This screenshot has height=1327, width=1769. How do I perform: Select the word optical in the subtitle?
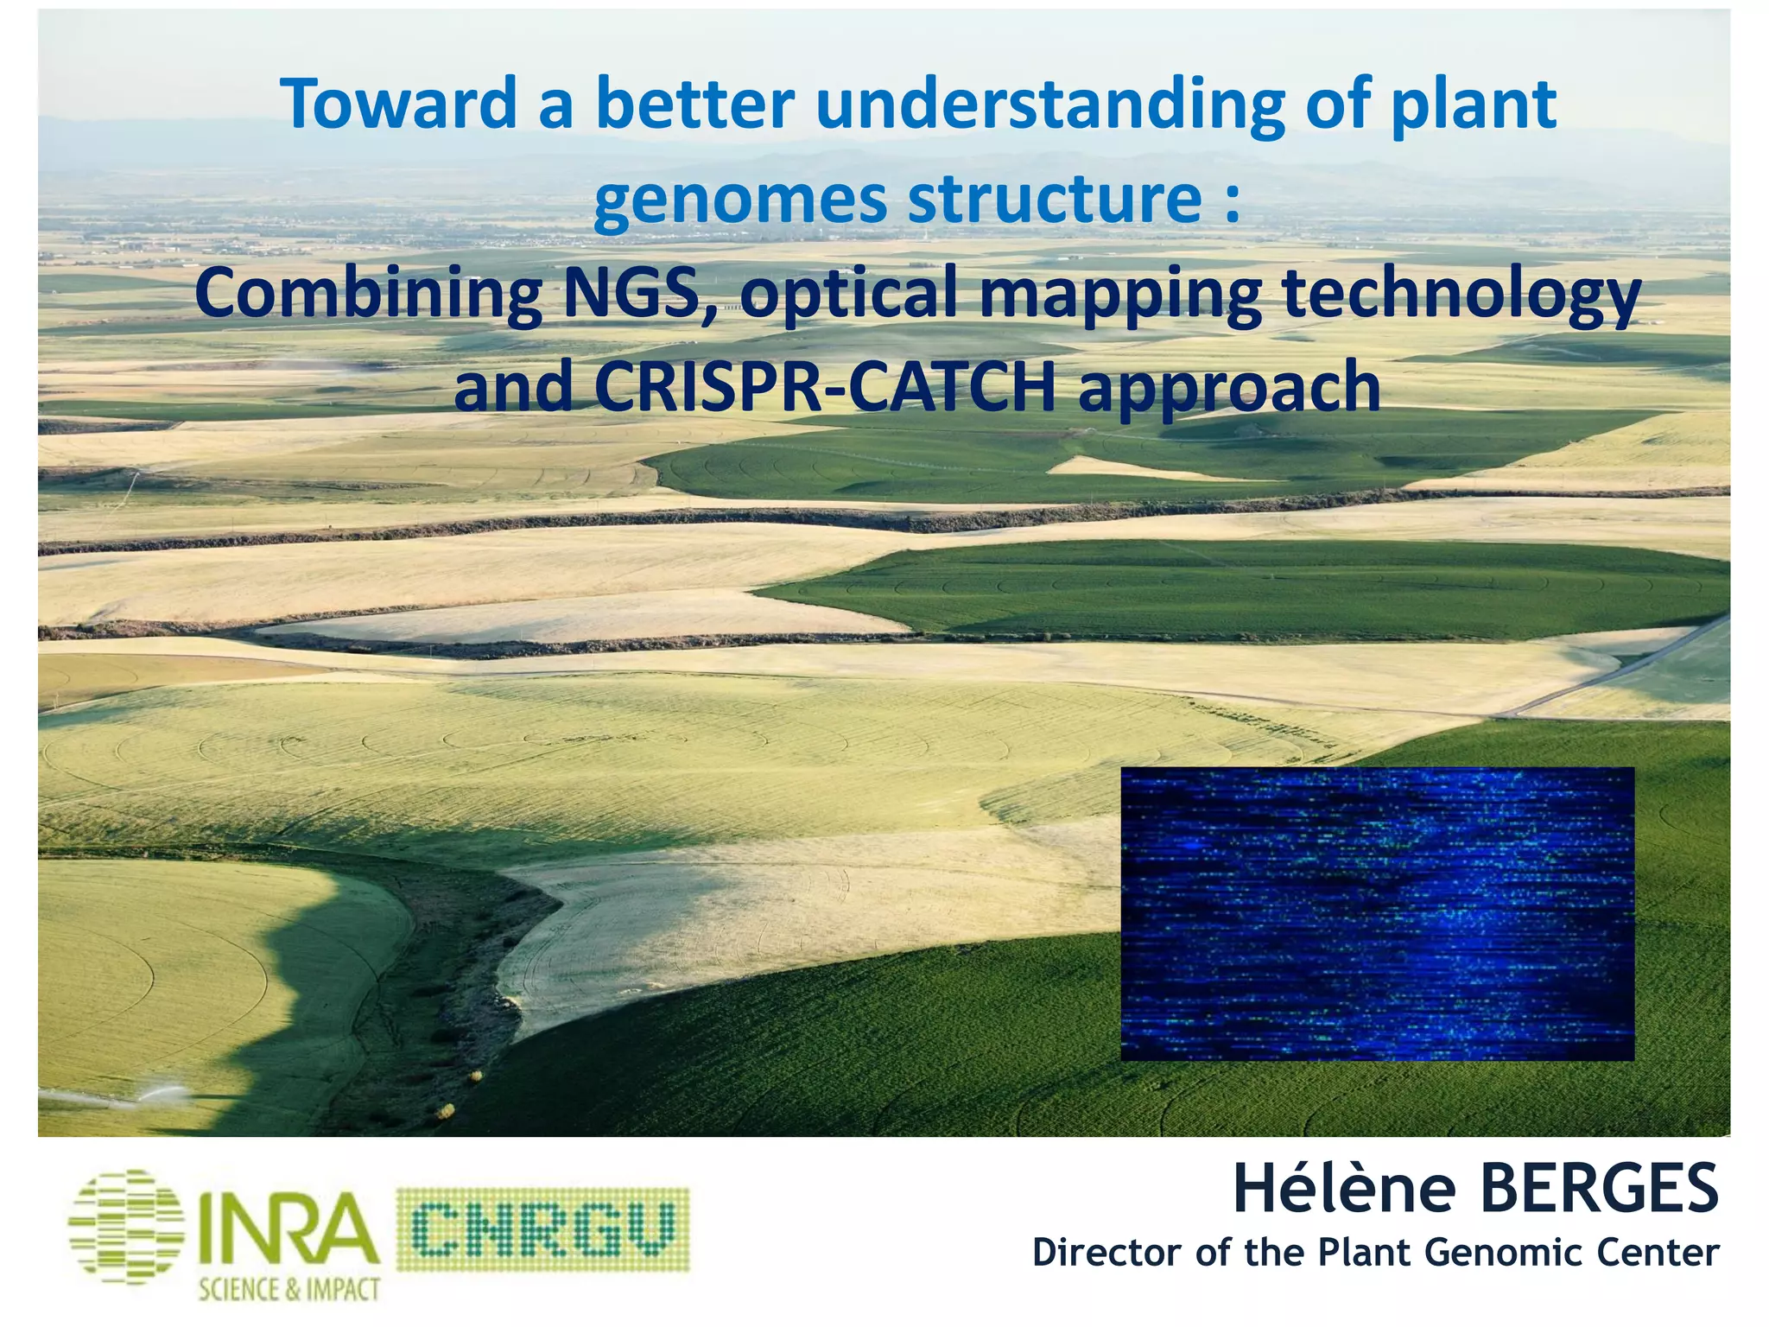[849, 294]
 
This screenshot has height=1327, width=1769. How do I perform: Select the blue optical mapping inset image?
[1377, 913]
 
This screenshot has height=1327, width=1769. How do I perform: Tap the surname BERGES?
[1599, 1190]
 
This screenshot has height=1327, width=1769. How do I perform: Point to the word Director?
[1106, 1253]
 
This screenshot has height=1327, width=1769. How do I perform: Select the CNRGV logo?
[542, 1229]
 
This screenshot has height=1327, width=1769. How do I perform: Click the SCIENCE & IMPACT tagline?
[289, 1290]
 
